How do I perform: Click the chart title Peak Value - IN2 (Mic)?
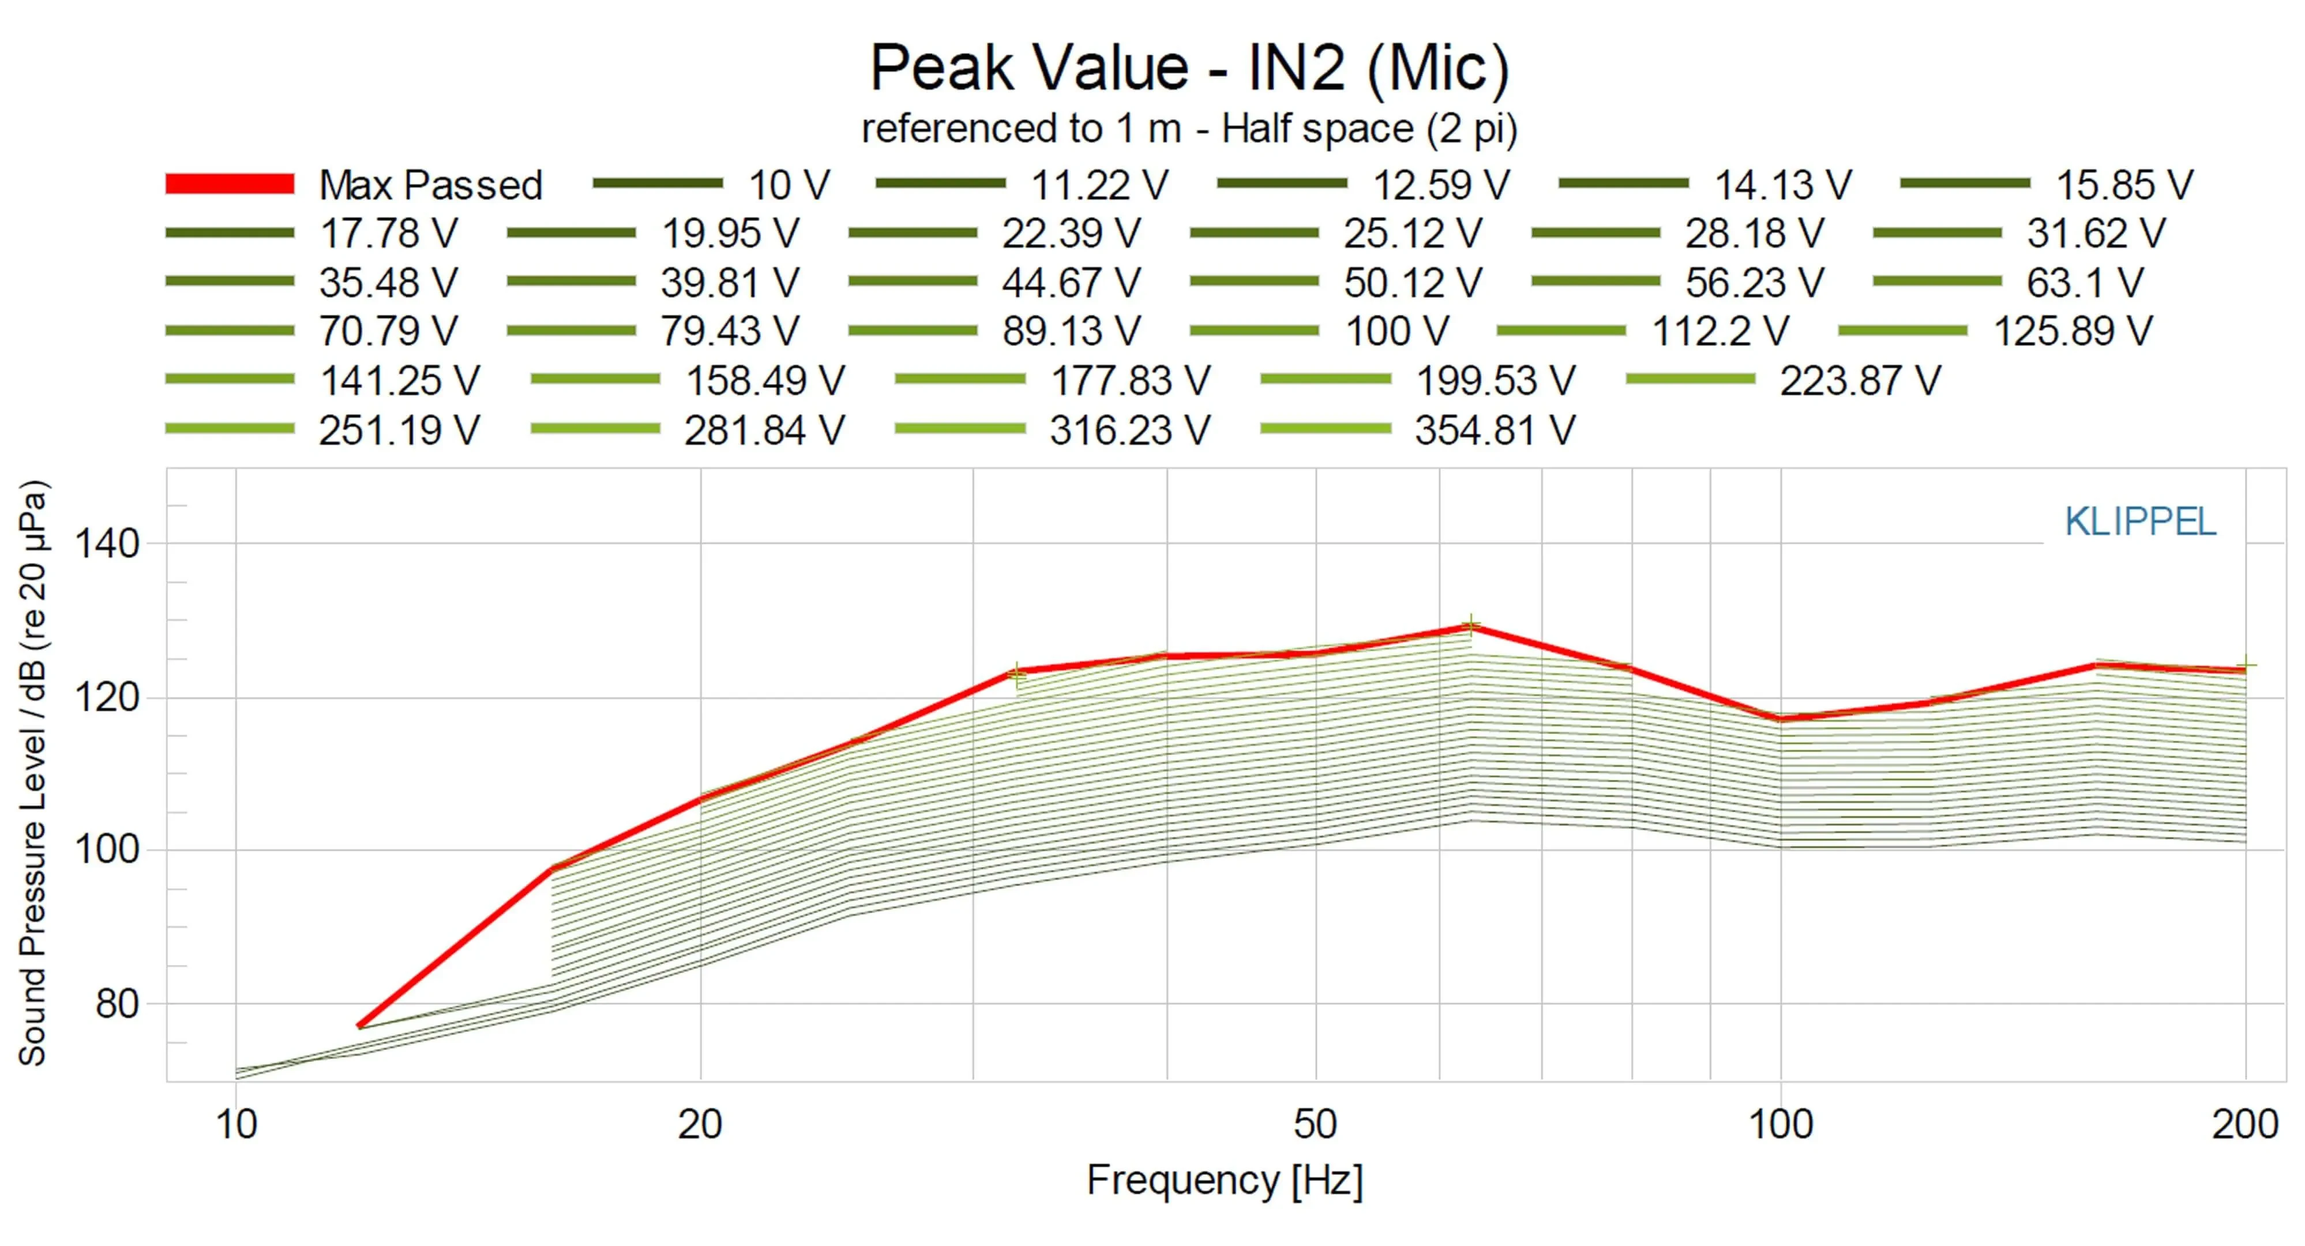pyautogui.click(x=1189, y=68)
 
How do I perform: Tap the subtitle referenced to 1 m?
pyautogui.click(x=1189, y=129)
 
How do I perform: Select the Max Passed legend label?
pyautogui.click(x=430, y=185)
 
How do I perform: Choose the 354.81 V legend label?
pyautogui.click(x=1495, y=430)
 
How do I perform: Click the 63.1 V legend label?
pyautogui.click(x=2085, y=283)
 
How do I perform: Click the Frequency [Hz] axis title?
pyautogui.click(x=1224, y=1181)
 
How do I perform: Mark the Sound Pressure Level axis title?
pyautogui.click(x=32, y=774)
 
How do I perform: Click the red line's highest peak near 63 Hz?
pyautogui.click(x=1471, y=628)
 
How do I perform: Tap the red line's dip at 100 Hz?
pyautogui.click(x=1781, y=718)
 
